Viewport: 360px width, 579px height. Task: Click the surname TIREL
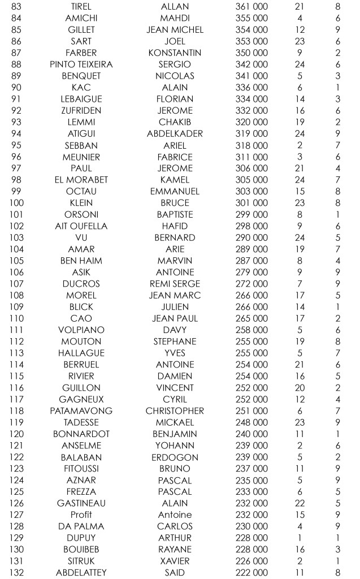(81, 6)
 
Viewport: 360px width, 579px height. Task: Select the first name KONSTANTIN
(175, 53)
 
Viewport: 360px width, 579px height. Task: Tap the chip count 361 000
(251, 6)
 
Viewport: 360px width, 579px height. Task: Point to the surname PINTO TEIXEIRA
(81, 64)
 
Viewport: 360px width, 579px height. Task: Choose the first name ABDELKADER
(175, 133)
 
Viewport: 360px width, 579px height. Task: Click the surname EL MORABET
(81, 180)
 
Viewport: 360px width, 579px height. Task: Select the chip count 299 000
(251, 214)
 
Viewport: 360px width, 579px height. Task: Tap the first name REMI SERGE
(175, 283)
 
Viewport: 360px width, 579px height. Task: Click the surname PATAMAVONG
(81, 411)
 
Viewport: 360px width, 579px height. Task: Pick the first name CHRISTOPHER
(175, 411)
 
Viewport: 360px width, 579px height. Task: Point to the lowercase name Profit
(81, 515)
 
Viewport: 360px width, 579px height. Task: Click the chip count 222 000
(251, 572)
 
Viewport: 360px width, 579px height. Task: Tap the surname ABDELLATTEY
(81, 572)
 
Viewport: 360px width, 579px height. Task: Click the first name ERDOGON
(175, 457)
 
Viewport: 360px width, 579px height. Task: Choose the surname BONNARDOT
(81, 434)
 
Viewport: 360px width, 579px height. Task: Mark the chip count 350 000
(251, 53)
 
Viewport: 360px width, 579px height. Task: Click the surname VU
(81, 237)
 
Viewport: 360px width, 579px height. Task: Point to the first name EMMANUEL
(175, 191)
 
